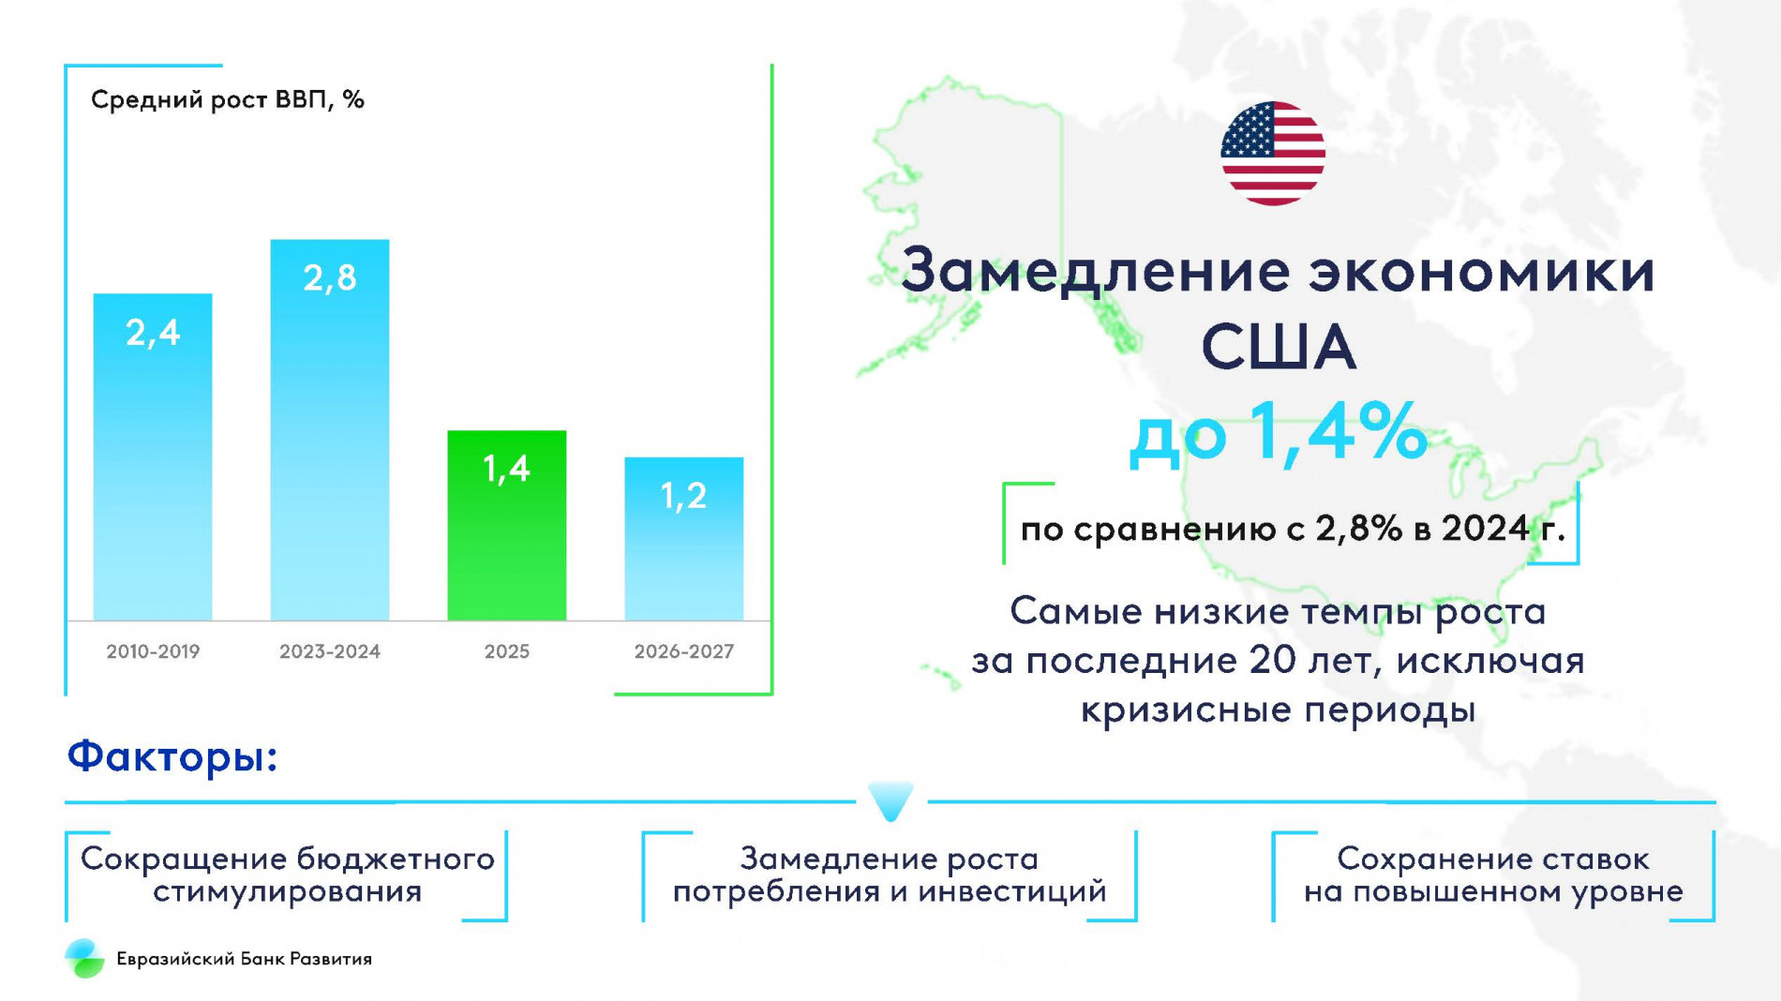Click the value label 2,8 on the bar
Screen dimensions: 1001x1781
[x=330, y=277]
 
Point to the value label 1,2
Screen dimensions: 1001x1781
[x=683, y=495]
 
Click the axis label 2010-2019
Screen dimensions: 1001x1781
[x=153, y=651]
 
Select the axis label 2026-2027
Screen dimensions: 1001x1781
[x=683, y=651]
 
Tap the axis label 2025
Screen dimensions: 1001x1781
[x=506, y=651]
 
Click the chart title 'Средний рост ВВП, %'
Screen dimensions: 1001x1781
[x=227, y=99]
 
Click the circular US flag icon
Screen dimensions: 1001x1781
[x=1272, y=154]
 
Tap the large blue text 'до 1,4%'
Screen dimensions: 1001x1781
[x=1278, y=432]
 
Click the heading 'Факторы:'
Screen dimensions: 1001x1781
[x=172, y=756]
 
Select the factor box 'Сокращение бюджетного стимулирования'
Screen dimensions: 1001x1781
[x=287, y=874]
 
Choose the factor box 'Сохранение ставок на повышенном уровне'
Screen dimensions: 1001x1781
[x=1492, y=874]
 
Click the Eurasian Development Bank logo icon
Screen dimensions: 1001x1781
[x=84, y=958]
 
